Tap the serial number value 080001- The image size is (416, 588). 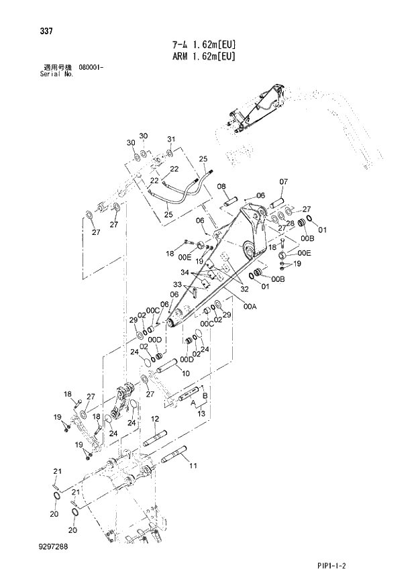90,68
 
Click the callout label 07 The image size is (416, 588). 282,182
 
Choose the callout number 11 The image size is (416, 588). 193,465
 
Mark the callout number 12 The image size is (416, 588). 154,418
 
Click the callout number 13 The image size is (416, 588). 201,415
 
